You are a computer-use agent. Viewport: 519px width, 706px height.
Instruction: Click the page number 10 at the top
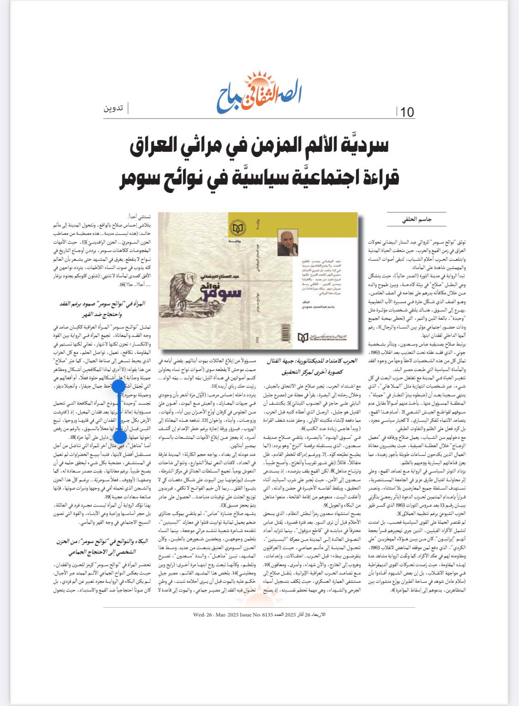pyautogui.click(x=407, y=112)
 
